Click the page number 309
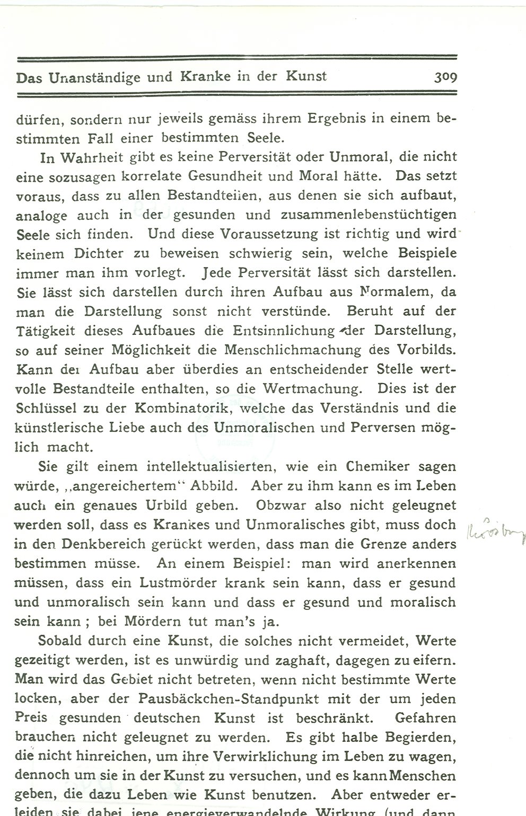point(445,77)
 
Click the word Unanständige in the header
point(95,77)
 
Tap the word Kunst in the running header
point(306,76)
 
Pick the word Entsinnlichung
point(284,330)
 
